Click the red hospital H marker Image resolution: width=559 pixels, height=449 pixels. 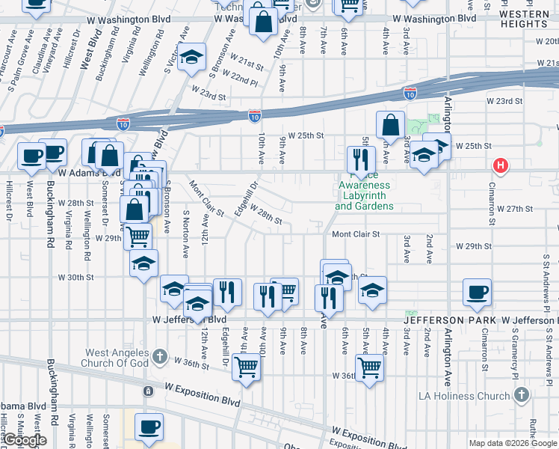pos(500,165)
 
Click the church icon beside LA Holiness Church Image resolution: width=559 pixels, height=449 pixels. pos(522,394)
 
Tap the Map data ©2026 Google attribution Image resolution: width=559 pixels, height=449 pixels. pos(513,443)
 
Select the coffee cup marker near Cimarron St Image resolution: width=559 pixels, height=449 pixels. pos(476,292)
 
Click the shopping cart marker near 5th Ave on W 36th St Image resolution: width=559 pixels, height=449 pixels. pos(369,367)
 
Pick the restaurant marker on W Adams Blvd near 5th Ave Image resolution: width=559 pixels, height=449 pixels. pos(361,159)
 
